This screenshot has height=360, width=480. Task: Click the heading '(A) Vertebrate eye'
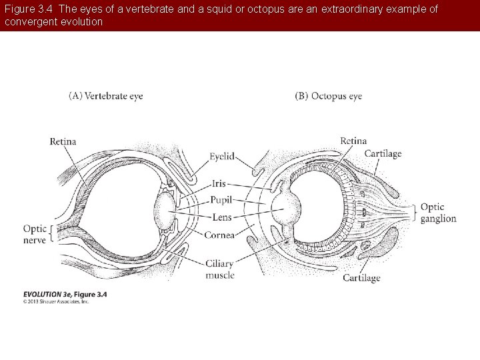pyautogui.click(x=106, y=96)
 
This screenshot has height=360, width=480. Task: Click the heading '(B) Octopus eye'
pyautogui.click(x=328, y=96)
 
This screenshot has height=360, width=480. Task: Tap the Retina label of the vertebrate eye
pyautogui.click(x=63, y=141)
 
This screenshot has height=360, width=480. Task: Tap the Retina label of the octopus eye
pyautogui.click(x=353, y=141)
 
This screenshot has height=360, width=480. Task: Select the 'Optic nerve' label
pyautogui.click(x=35, y=233)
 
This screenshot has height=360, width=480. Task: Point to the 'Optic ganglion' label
pyautogui.click(x=438, y=213)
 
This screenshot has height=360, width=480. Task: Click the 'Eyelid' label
pyautogui.click(x=222, y=156)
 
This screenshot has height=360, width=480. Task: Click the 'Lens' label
pyautogui.click(x=222, y=217)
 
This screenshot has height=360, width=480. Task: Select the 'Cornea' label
pyautogui.click(x=219, y=235)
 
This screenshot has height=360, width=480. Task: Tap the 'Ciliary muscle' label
pyautogui.click(x=220, y=269)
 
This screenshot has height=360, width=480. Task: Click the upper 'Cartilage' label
pyautogui.click(x=383, y=154)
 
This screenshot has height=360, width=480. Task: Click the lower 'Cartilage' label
pyautogui.click(x=361, y=278)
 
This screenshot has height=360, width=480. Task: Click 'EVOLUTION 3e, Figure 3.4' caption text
pyautogui.click(x=65, y=294)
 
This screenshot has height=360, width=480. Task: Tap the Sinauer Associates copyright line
pyautogui.click(x=56, y=301)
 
